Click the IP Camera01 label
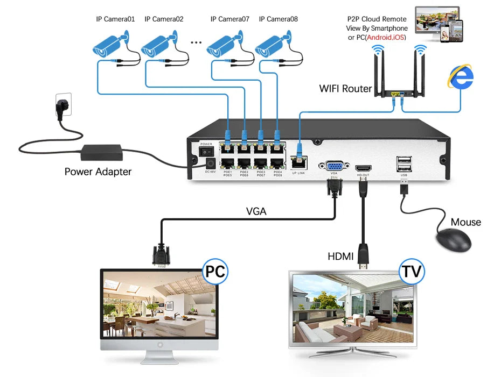pyautogui.click(x=115, y=19)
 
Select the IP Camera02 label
pyautogui.click(x=164, y=19)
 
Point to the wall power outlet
pyautogui.click(x=62, y=103)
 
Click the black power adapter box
pyautogui.click(x=102, y=152)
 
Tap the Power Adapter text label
pyautogui.click(x=98, y=172)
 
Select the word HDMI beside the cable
pyautogui.click(x=340, y=257)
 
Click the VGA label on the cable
pyautogui.click(x=256, y=211)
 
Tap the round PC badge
pyautogui.click(x=214, y=271)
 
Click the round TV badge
pyautogui.click(x=411, y=271)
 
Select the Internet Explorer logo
pyautogui.click(x=460, y=76)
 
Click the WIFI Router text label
pyautogui.click(x=345, y=88)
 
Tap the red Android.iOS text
pyautogui.click(x=385, y=37)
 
